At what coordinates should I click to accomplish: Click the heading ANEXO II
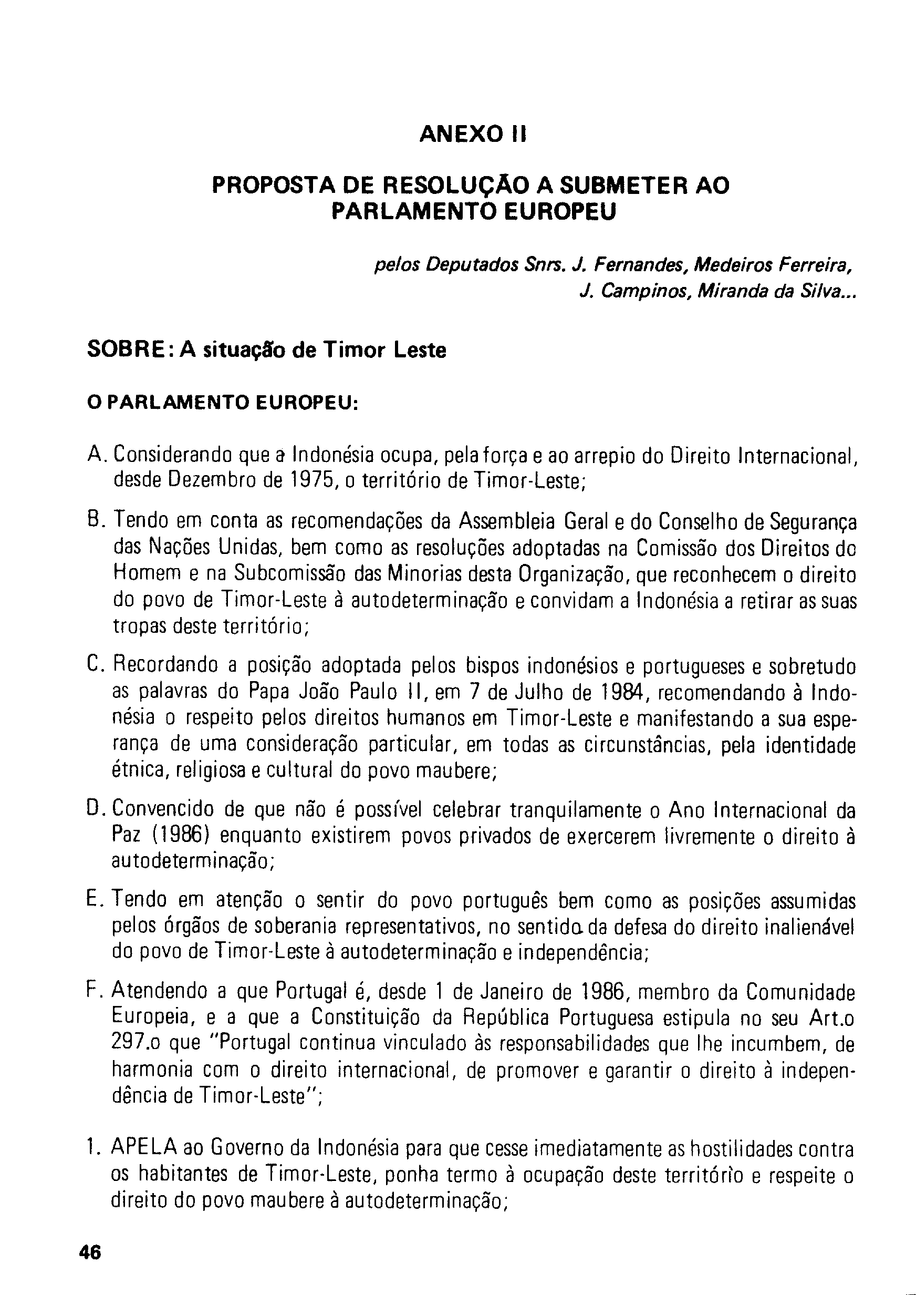[x=473, y=135]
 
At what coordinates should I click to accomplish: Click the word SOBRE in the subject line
[x=126, y=351]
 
